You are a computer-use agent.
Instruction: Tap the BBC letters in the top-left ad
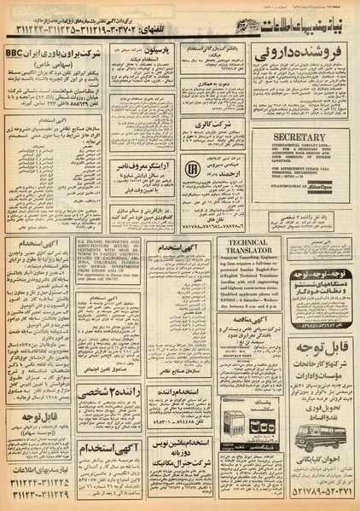pyautogui.click(x=17, y=52)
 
